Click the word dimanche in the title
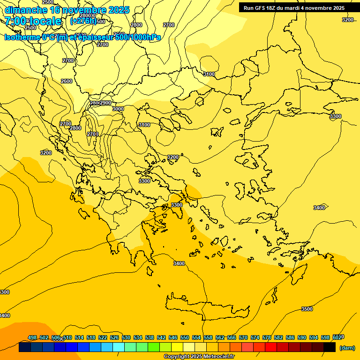coord(26,10)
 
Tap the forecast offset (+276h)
coord(83,21)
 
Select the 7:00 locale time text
coord(33,21)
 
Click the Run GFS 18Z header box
coord(294,8)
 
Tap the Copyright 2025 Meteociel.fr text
coord(199,356)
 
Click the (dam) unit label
coord(347,347)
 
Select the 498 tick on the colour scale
coord(32,337)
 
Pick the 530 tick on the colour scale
coord(126,337)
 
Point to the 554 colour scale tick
coord(196,337)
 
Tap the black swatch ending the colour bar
coord(330,347)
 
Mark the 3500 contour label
coord(307,309)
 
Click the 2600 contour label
coord(67,81)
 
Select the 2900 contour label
coord(105,103)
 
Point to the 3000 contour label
coord(118,109)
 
